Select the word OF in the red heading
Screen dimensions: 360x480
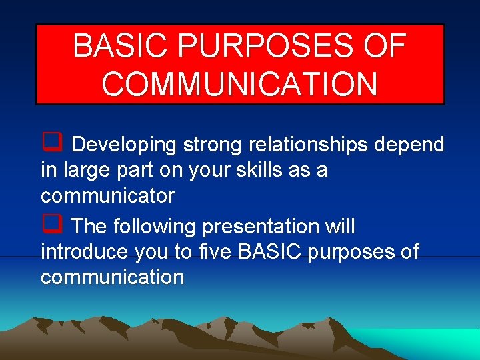click(383, 46)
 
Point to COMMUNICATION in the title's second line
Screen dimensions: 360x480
click(240, 84)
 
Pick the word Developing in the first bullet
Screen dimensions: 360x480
click(123, 145)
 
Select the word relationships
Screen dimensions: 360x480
click(309, 145)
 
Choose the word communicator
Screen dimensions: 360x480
click(107, 196)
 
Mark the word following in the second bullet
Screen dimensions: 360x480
click(155, 227)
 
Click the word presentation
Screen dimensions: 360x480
click(263, 227)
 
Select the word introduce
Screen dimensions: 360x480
click(85, 252)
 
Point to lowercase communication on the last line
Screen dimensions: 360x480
click(112, 277)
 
